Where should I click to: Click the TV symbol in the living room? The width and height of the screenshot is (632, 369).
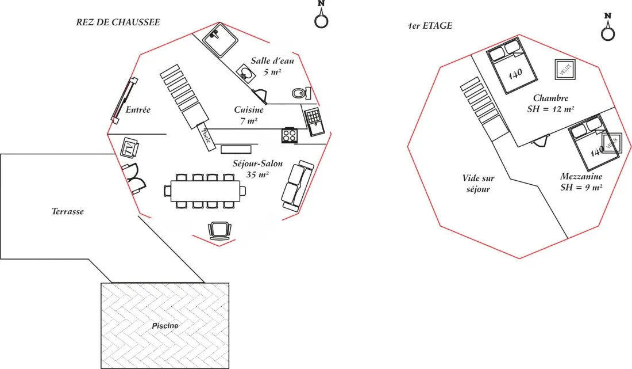(x=129, y=148)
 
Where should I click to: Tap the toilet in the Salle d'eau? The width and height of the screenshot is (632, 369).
(x=301, y=93)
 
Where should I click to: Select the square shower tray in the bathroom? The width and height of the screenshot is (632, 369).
(x=220, y=40)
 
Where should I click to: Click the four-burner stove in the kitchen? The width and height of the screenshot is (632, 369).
(x=290, y=135)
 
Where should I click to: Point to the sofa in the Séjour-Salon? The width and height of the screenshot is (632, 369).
(x=297, y=186)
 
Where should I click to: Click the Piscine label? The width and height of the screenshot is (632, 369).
(x=165, y=326)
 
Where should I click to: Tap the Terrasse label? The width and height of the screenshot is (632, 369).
(x=68, y=211)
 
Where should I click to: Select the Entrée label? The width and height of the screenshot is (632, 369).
(x=138, y=110)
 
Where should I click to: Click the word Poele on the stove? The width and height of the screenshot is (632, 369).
(x=206, y=136)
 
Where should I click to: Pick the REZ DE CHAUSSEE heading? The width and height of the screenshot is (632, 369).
(x=118, y=22)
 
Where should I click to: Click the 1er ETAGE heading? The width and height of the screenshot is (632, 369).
(x=430, y=26)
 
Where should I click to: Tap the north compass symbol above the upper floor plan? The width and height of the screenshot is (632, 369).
(x=608, y=26)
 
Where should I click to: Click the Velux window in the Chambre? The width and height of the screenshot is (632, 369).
(x=565, y=70)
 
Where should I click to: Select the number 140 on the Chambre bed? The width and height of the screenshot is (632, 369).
(x=515, y=74)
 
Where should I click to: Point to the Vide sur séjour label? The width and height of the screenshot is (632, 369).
(x=478, y=184)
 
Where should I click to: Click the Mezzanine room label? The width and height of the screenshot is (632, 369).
(x=581, y=176)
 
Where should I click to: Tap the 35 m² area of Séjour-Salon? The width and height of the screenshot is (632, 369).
(x=257, y=175)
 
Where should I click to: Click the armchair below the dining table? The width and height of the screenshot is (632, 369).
(x=219, y=230)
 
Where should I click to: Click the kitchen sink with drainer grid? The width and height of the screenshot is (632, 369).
(x=314, y=122)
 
